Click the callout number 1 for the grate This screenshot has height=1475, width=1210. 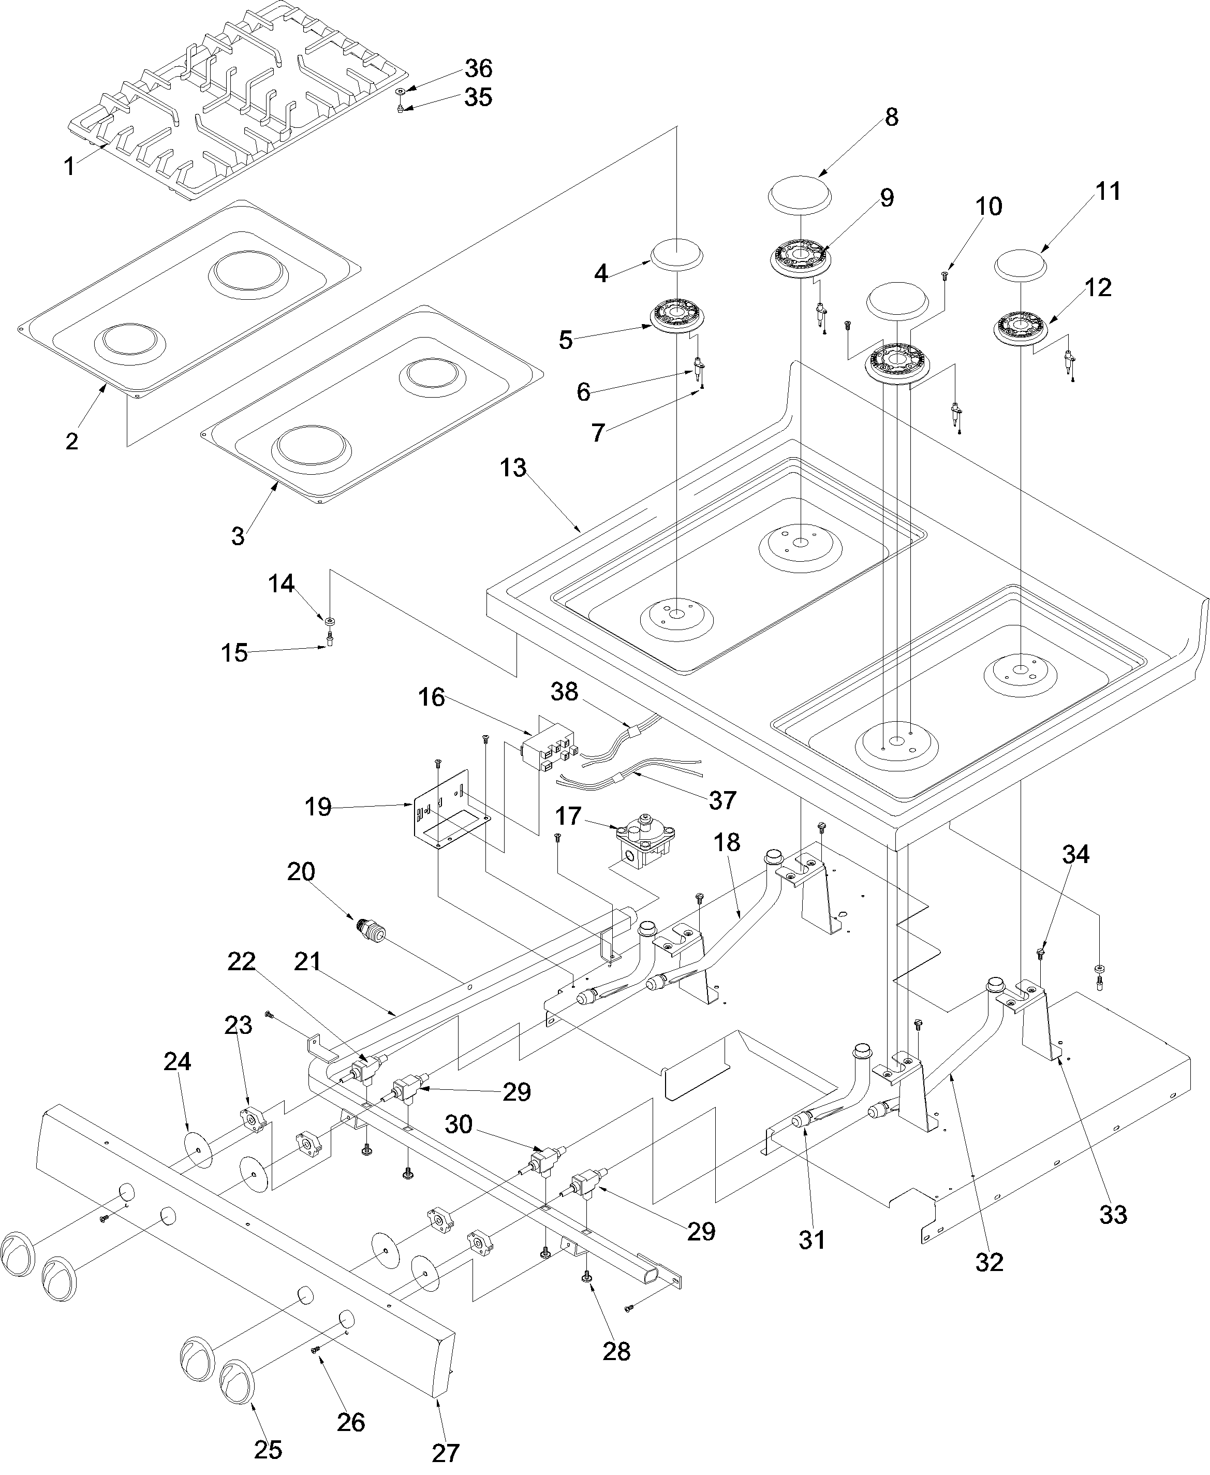[69, 167]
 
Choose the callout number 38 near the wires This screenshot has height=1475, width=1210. [564, 692]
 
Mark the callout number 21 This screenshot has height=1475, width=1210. [307, 961]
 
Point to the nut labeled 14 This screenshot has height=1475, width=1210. [328, 620]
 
